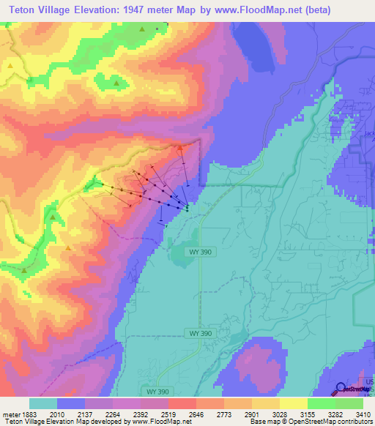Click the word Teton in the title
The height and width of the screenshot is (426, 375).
[22, 10]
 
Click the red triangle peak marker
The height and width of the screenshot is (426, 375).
[180, 147]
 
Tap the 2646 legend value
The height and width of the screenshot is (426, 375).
[196, 414]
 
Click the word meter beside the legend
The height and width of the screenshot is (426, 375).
[9, 414]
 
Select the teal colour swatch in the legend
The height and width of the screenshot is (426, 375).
[43, 403]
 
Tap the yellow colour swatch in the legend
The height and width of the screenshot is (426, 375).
[294, 403]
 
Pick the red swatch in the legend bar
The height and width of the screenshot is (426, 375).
[182, 403]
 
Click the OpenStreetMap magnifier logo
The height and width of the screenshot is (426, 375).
[341, 389]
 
